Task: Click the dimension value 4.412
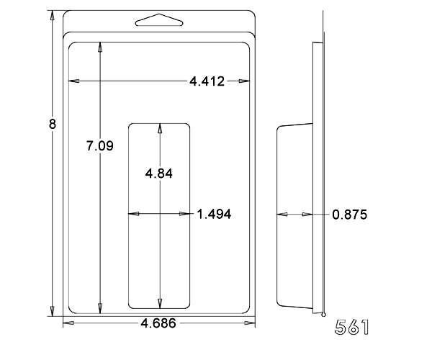pyautogui.click(x=207, y=81)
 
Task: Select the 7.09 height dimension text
pyautogui.click(x=100, y=145)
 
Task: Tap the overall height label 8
pyautogui.click(x=53, y=124)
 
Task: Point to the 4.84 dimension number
pyautogui.click(x=159, y=174)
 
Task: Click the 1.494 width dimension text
pyautogui.click(x=215, y=215)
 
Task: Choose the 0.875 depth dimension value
pyautogui.click(x=350, y=215)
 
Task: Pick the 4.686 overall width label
pyautogui.click(x=158, y=323)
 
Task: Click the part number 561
pyautogui.click(x=352, y=327)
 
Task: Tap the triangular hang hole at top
pyautogui.click(x=159, y=20)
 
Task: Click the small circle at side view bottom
pyautogui.click(x=323, y=315)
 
